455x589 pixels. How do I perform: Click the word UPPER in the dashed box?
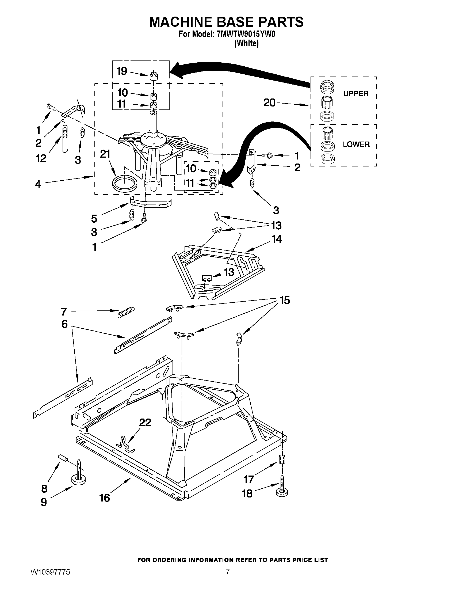pyautogui.click(x=355, y=94)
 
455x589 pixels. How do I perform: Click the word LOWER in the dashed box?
pyautogui.click(x=356, y=144)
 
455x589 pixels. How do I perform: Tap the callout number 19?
pyautogui.click(x=121, y=71)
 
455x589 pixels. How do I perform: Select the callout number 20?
pyautogui.click(x=269, y=103)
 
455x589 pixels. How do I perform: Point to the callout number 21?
pyautogui.click(x=105, y=154)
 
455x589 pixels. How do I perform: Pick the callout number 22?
pyautogui.click(x=145, y=422)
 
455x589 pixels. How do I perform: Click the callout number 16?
pyautogui.click(x=105, y=498)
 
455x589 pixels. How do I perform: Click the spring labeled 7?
pyautogui.click(x=126, y=312)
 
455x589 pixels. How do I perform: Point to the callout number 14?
pyautogui.click(x=277, y=239)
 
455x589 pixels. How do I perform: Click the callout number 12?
pyautogui.click(x=41, y=158)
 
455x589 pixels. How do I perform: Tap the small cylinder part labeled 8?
pyautogui.click(x=63, y=457)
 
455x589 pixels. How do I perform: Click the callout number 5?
pyautogui.click(x=94, y=219)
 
